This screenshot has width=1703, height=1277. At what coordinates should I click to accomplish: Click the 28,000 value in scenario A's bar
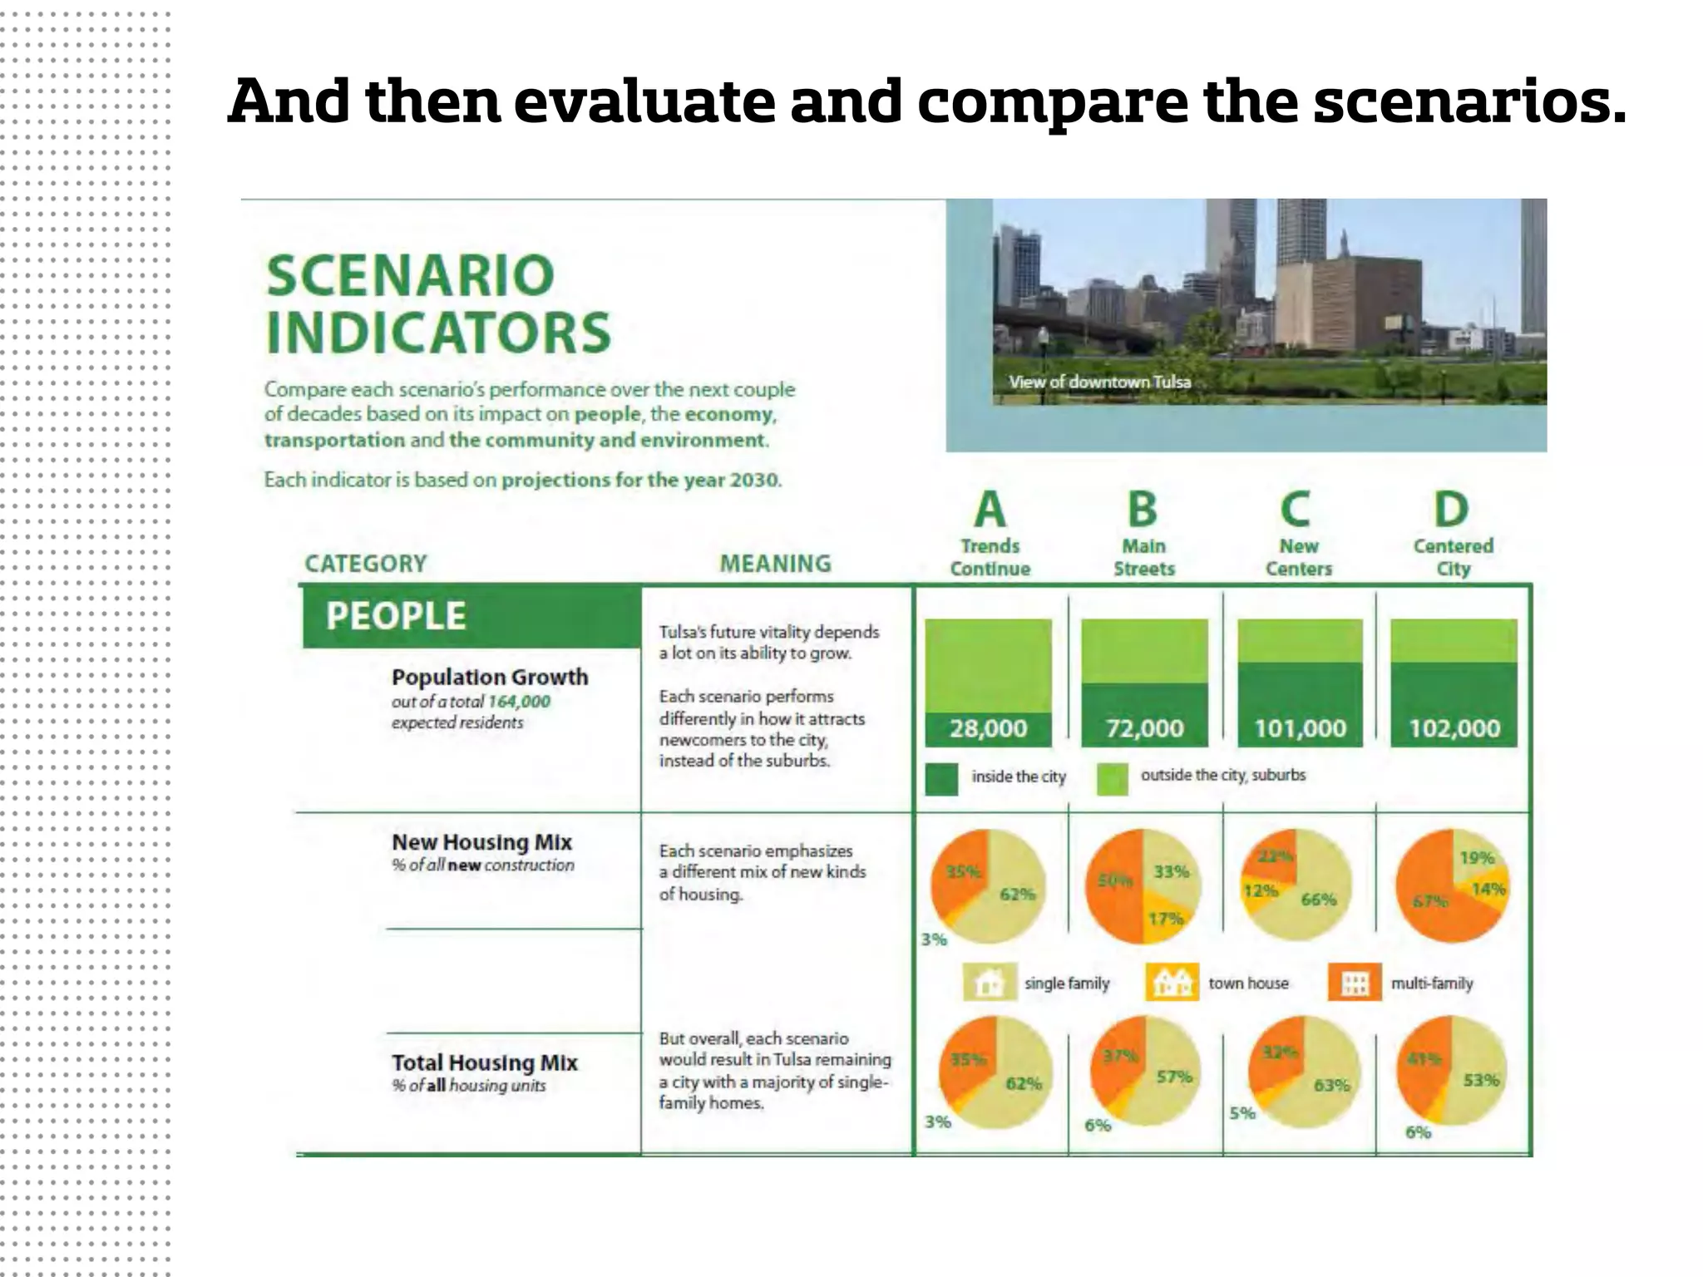click(x=988, y=728)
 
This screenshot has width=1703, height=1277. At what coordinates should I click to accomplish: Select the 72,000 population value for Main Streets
click(x=1144, y=728)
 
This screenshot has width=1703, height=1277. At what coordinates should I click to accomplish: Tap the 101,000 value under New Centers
click(x=1300, y=728)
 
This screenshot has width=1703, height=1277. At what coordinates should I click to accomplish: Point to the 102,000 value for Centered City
click(x=1454, y=728)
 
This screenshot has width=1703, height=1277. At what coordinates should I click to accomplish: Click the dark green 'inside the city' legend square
click(x=941, y=779)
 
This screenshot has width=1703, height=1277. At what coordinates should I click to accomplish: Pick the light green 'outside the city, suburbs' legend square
click(x=1113, y=779)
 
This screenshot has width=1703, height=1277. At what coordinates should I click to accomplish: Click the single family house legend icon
click(x=989, y=983)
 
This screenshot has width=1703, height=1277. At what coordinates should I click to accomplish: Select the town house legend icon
click(x=1172, y=983)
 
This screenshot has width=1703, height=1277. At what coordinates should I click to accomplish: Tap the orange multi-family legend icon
click(x=1355, y=983)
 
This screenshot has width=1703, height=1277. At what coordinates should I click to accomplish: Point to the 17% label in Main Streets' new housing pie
click(x=1165, y=919)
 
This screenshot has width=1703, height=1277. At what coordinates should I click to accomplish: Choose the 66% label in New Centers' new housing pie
click(x=1318, y=900)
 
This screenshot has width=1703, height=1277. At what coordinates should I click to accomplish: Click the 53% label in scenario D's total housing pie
click(x=1481, y=1080)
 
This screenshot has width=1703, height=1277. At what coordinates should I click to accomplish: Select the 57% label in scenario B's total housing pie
click(x=1174, y=1077)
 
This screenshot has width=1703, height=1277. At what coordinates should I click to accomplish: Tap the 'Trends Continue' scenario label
click(x=990, y=558)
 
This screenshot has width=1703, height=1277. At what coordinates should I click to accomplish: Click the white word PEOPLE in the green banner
click(x=396, y=616)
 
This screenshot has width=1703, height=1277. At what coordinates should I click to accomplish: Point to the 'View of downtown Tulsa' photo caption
click(x=1099, y=382)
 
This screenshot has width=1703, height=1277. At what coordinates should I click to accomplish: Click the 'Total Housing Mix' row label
click(x=484, y=1063)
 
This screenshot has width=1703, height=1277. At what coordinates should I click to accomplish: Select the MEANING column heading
click(x=775, y=564)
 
